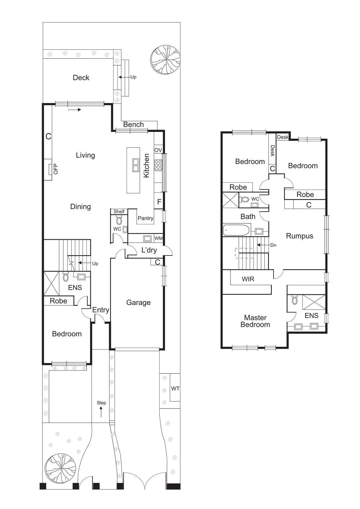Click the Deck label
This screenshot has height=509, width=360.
(x=81, y=78)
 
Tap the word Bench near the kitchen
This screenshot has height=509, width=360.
(x=133, y=124)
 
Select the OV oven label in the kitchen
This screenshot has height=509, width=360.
(x=158, y=150)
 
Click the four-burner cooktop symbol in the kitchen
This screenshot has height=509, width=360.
(x=158, y=165)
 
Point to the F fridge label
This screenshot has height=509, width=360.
(x=159, y=202)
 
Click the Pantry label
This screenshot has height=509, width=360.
(x=145, y=218)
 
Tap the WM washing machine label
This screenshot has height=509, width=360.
(x=158, y=238)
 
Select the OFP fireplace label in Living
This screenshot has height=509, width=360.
(x=56, y=169)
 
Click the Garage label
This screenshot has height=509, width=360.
(x=138, y=303)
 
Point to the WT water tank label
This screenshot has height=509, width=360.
(x=175, y=388)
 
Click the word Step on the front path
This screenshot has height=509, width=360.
(x=101, y=403)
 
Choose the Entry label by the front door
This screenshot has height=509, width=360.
(x=100, y=310)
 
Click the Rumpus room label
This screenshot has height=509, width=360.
(x=299, y=236)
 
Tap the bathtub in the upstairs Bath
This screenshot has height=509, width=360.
(x=236, y=230)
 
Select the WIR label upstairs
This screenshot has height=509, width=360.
(x=248, y=279)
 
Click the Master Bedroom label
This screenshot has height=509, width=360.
(x=255, y=321)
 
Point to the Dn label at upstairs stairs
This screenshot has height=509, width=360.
(x=273, y=245)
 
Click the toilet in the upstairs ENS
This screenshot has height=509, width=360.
(x=294, y=300)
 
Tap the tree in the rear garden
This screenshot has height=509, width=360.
(x=165, y=59)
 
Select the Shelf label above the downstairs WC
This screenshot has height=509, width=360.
(x=119, y=212)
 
